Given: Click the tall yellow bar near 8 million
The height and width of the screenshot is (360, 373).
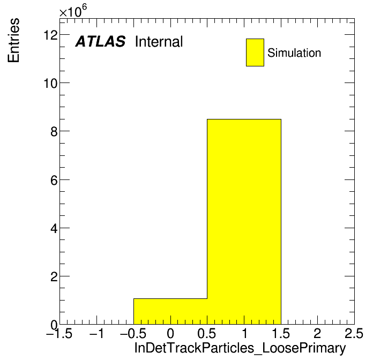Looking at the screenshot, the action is click(244, 222).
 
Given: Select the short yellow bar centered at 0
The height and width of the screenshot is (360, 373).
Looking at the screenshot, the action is click(170, 311).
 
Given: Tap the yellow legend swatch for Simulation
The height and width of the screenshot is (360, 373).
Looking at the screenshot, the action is click(255, 52).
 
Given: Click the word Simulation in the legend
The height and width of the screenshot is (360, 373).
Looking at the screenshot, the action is click(294, 52).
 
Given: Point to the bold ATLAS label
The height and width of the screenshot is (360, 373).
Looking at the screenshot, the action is click(100, 41).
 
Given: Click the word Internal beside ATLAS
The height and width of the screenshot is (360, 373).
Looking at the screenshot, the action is click(159, 41).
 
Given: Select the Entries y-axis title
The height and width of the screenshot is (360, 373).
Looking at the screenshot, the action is click(13, 40).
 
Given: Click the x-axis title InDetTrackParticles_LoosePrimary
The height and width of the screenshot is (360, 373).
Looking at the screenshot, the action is click(240, 348).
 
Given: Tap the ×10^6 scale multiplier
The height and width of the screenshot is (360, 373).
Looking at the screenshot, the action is click(73, 11).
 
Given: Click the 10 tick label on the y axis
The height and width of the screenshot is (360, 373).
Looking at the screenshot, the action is click(51, 83).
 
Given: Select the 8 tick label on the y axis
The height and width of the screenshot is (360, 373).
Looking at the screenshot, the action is click(54, 131).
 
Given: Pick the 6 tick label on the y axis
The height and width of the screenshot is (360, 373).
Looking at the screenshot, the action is click(54, 181).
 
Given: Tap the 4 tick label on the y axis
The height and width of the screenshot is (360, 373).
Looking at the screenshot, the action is click(54, 229).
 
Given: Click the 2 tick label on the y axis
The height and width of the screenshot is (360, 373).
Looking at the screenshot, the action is click(54, 277).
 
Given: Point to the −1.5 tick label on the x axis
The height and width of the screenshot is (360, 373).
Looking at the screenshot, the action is click(59, 333).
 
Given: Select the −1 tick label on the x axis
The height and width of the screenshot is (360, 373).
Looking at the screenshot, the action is click(96, 333).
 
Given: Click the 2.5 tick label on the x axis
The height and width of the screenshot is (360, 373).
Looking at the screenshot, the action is click(354, 333).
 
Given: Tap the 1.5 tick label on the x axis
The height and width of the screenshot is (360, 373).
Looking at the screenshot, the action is click(281, 333).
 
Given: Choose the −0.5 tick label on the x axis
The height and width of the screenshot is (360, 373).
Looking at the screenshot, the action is click(133, 333).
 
